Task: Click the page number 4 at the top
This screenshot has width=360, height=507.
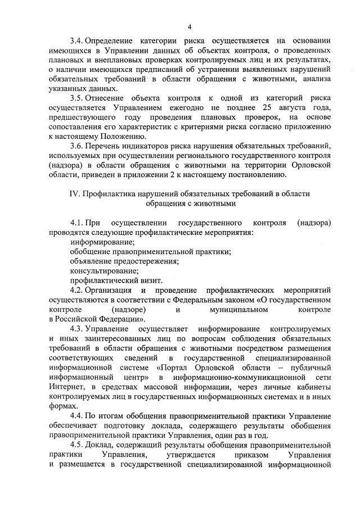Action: tap(190, 27)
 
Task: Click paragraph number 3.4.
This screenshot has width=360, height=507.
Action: tap(76, 42)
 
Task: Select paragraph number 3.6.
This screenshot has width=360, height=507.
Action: tap(76, 146)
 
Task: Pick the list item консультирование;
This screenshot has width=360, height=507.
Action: tap(104, 270)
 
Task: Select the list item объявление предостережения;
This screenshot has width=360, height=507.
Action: tap(124, 261)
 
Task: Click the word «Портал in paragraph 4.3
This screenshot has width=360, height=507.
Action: tap(169, 368)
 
